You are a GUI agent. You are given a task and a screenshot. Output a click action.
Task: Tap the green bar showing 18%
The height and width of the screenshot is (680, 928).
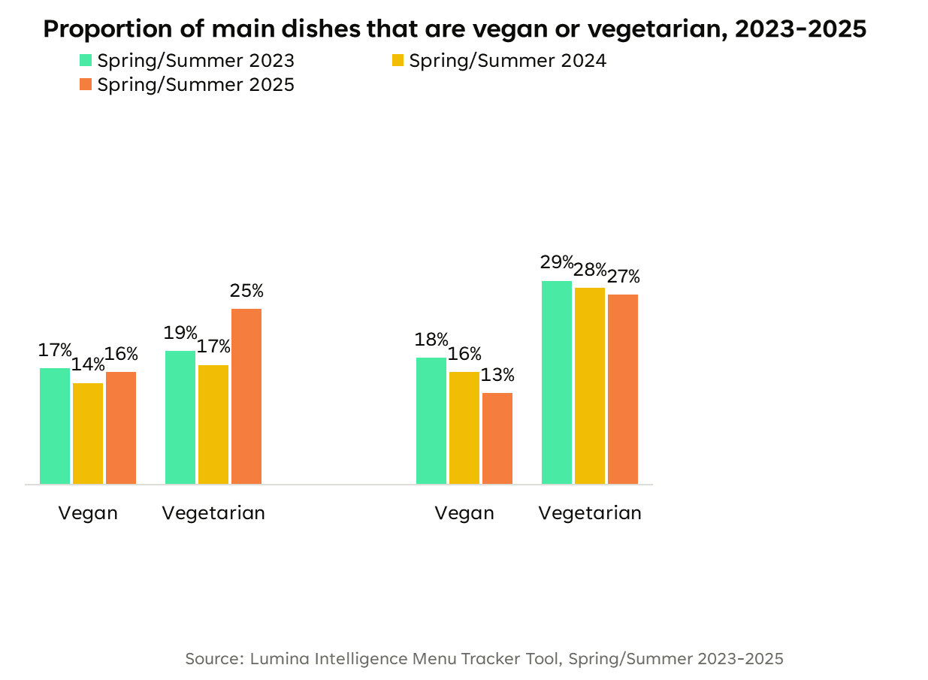[431, 420]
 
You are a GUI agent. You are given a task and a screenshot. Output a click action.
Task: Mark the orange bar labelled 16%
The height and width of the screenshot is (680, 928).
[121, 428]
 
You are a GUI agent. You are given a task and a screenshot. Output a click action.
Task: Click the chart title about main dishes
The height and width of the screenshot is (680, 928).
[455, 29]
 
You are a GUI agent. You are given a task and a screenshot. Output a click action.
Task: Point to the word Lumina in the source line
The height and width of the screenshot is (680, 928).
[280, 659]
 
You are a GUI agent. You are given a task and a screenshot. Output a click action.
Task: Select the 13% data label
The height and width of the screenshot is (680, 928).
[498, 375]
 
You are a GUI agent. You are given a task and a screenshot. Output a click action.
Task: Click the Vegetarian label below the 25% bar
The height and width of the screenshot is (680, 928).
[213, 513]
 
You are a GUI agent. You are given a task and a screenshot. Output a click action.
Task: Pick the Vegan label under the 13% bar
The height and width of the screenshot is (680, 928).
[464, 513]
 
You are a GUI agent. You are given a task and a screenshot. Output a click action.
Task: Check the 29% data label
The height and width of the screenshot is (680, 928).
[557, 263]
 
